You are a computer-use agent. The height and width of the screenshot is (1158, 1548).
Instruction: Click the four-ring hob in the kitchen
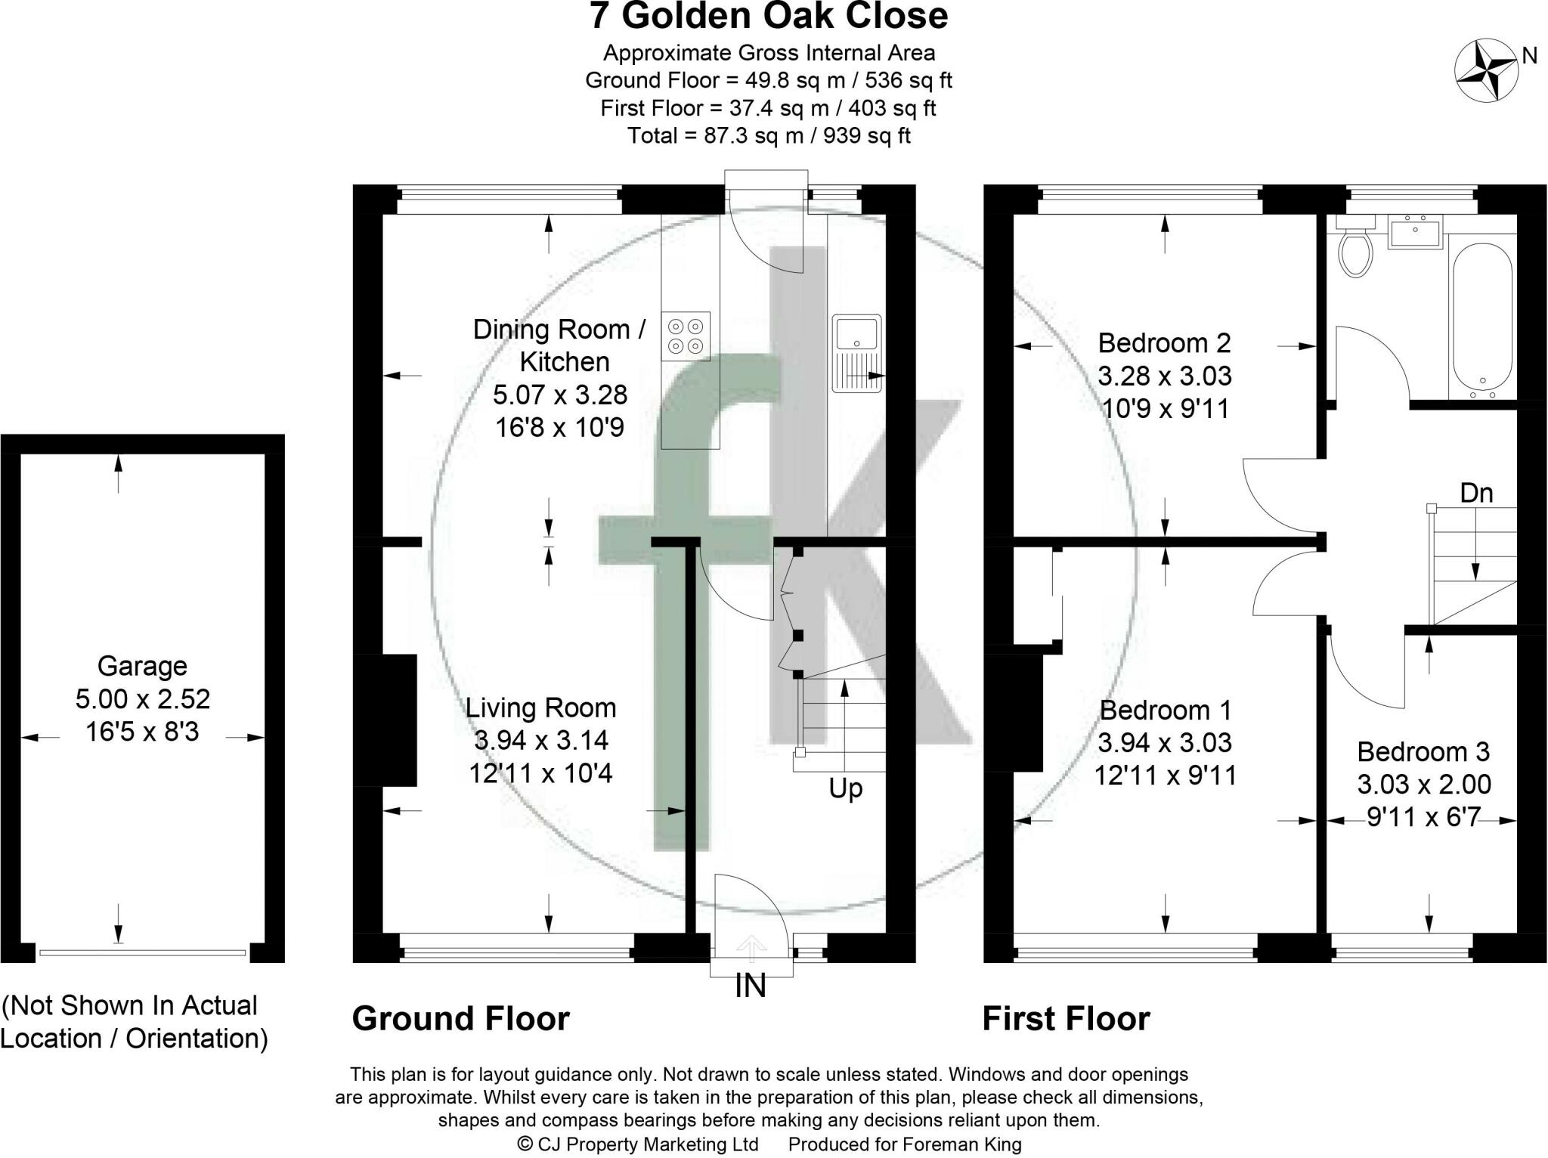click(686, 336)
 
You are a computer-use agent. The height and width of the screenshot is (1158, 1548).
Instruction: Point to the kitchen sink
click(856, 354)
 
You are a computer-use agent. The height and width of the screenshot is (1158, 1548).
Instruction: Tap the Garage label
click(142, 666)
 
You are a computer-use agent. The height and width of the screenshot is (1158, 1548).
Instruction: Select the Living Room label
click(540, 707)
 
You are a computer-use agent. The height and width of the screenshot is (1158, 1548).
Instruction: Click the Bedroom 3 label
click(1423, 751)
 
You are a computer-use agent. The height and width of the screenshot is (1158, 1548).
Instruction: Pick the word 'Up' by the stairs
click(845, 789)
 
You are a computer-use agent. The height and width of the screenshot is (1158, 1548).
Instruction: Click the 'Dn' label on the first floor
click(1476, 493)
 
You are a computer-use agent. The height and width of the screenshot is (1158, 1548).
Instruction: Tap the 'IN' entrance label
click(750, 986)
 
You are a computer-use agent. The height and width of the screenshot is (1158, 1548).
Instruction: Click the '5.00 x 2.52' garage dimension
click(142, 699)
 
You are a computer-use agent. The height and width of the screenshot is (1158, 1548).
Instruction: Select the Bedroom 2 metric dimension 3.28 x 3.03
click(1165, 376)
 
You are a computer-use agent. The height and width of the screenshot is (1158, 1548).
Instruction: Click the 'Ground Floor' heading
click(460, 1019)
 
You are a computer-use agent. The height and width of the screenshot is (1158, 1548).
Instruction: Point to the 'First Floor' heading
click(1066, 1019)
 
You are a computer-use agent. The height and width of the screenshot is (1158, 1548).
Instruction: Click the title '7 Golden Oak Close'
click(769, 17)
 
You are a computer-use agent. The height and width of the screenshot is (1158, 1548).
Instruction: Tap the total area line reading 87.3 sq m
click(769, 136)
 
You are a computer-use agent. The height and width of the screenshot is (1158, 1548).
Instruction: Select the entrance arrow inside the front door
click(751, 946)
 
